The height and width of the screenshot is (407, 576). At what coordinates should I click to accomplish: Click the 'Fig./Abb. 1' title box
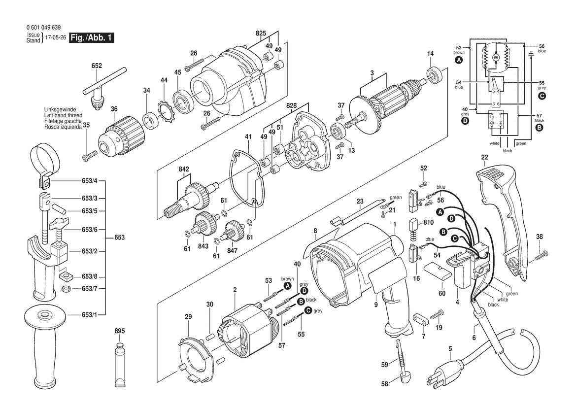[x=92, y=37]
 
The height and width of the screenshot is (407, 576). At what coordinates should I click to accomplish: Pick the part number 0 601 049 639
[x=44, y=28]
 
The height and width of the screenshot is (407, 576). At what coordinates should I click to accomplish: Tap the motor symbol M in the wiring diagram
[x=496, y=58]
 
